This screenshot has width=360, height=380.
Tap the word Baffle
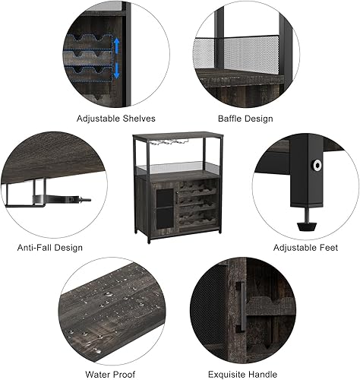pyautogui.click(x=230, y=118)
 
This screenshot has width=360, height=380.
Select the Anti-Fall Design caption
pyautogui.click(x=49, y=247)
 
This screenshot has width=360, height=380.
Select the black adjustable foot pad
pyautogui.click(x=308, y=223)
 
